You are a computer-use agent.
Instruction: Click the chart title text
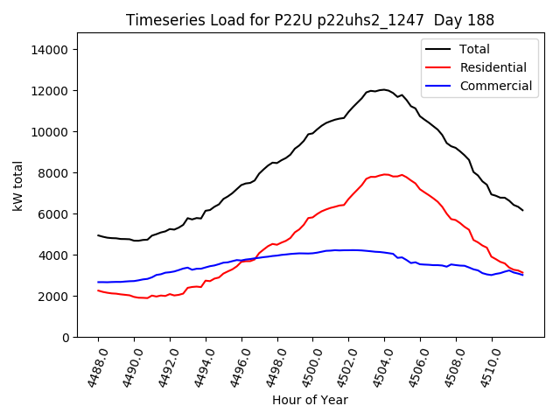point(310,20)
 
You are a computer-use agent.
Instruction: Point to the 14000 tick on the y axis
point(50,50)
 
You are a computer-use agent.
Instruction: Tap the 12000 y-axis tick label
point(50,91)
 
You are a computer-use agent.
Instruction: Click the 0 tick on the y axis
point(64,338)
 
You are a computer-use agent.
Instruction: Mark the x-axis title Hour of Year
point(310,400)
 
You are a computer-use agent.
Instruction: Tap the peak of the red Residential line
point(385,174)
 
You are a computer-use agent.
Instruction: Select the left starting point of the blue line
point(98,282)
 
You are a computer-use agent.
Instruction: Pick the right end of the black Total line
point(522,210)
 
